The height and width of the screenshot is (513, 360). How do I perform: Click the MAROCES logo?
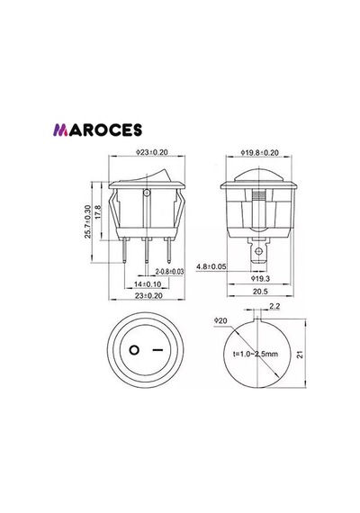[97, 130]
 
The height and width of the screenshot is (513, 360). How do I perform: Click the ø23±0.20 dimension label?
[151, 152]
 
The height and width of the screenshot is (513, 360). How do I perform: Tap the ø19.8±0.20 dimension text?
[260, 152]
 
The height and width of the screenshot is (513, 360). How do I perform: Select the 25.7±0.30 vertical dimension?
[87, 221]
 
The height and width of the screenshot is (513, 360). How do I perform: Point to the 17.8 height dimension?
[97, 212]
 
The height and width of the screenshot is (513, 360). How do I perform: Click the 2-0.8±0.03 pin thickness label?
[169, 272]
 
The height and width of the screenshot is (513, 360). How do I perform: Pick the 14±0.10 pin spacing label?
[148, 284]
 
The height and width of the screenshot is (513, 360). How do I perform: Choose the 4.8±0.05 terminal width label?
[211, 266]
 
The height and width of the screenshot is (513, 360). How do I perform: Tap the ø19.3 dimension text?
[260, 279]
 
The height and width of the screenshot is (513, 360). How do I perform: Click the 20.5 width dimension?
[260, 292]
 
